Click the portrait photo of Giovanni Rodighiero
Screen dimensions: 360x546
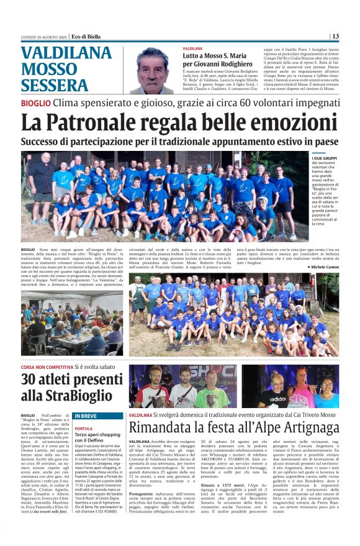pyautogui.click(x=152, y=70)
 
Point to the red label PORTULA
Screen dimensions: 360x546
pyautogui.click(x=83, y=429)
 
